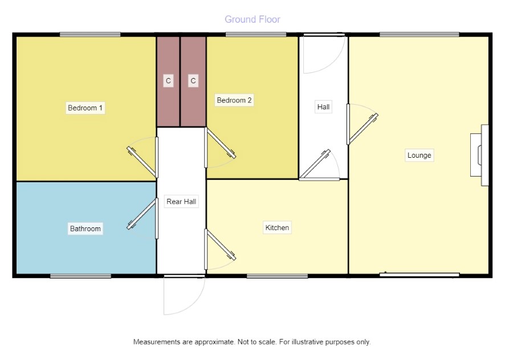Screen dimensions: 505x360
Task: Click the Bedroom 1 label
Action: tap(85, 108)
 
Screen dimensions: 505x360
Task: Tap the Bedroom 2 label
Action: tap(234, 100)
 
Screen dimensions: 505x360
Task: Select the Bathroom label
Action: tap(85, 228)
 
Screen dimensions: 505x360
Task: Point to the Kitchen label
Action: tap(277, 228)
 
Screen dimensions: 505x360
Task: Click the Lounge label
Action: tap(419, 155)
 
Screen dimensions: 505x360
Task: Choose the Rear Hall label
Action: tap(181, 202)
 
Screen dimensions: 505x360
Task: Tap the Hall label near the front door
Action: tap(323, 107)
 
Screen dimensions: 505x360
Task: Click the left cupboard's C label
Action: tap(168, 80)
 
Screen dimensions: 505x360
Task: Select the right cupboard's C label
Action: tap(193, 80)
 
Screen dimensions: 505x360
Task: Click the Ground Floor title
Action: tap(252, 19)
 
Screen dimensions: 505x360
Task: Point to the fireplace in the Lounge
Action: tap(479, 155)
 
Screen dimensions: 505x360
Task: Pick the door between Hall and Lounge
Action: tap(363, 124)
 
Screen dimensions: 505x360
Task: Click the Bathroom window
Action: tap(80, 276)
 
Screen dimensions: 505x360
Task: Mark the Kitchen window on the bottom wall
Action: tap(278, 276)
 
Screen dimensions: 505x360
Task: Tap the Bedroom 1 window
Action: tap(90, 34)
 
